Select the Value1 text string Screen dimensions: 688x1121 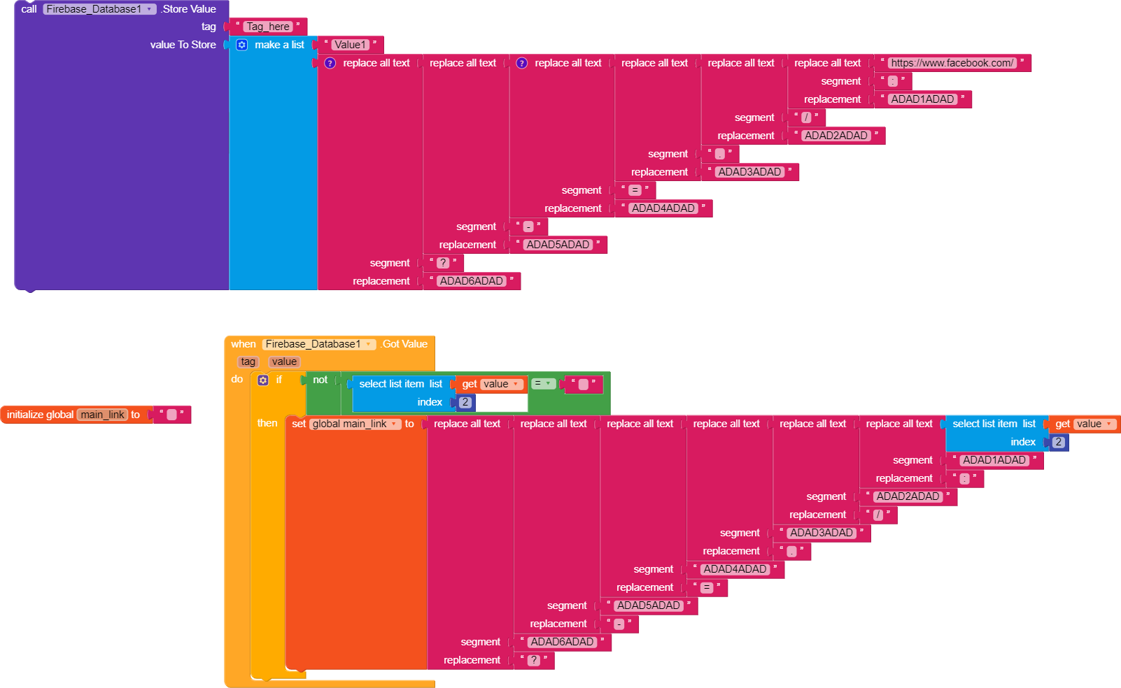349,45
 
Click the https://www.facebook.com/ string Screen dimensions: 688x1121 952,63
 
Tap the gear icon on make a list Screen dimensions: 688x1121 241,45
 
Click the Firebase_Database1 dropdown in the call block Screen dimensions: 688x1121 99,9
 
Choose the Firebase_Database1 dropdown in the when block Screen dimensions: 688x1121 318,344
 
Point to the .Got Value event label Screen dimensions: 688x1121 404,344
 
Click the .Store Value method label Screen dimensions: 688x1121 189,9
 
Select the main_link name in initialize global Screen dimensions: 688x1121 102,415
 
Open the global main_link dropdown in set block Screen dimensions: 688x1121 355,424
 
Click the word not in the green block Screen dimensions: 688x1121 320,380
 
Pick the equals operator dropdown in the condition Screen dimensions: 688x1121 543,384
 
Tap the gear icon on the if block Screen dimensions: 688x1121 263,380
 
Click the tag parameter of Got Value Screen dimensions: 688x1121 248,361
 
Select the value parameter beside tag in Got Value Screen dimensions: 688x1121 284,361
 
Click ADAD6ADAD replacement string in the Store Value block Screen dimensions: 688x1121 471,281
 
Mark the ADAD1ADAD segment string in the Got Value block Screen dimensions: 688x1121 994,460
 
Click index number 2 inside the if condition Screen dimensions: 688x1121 465,402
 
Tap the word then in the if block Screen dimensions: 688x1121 267,423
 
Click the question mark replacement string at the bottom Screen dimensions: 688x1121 534,660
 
